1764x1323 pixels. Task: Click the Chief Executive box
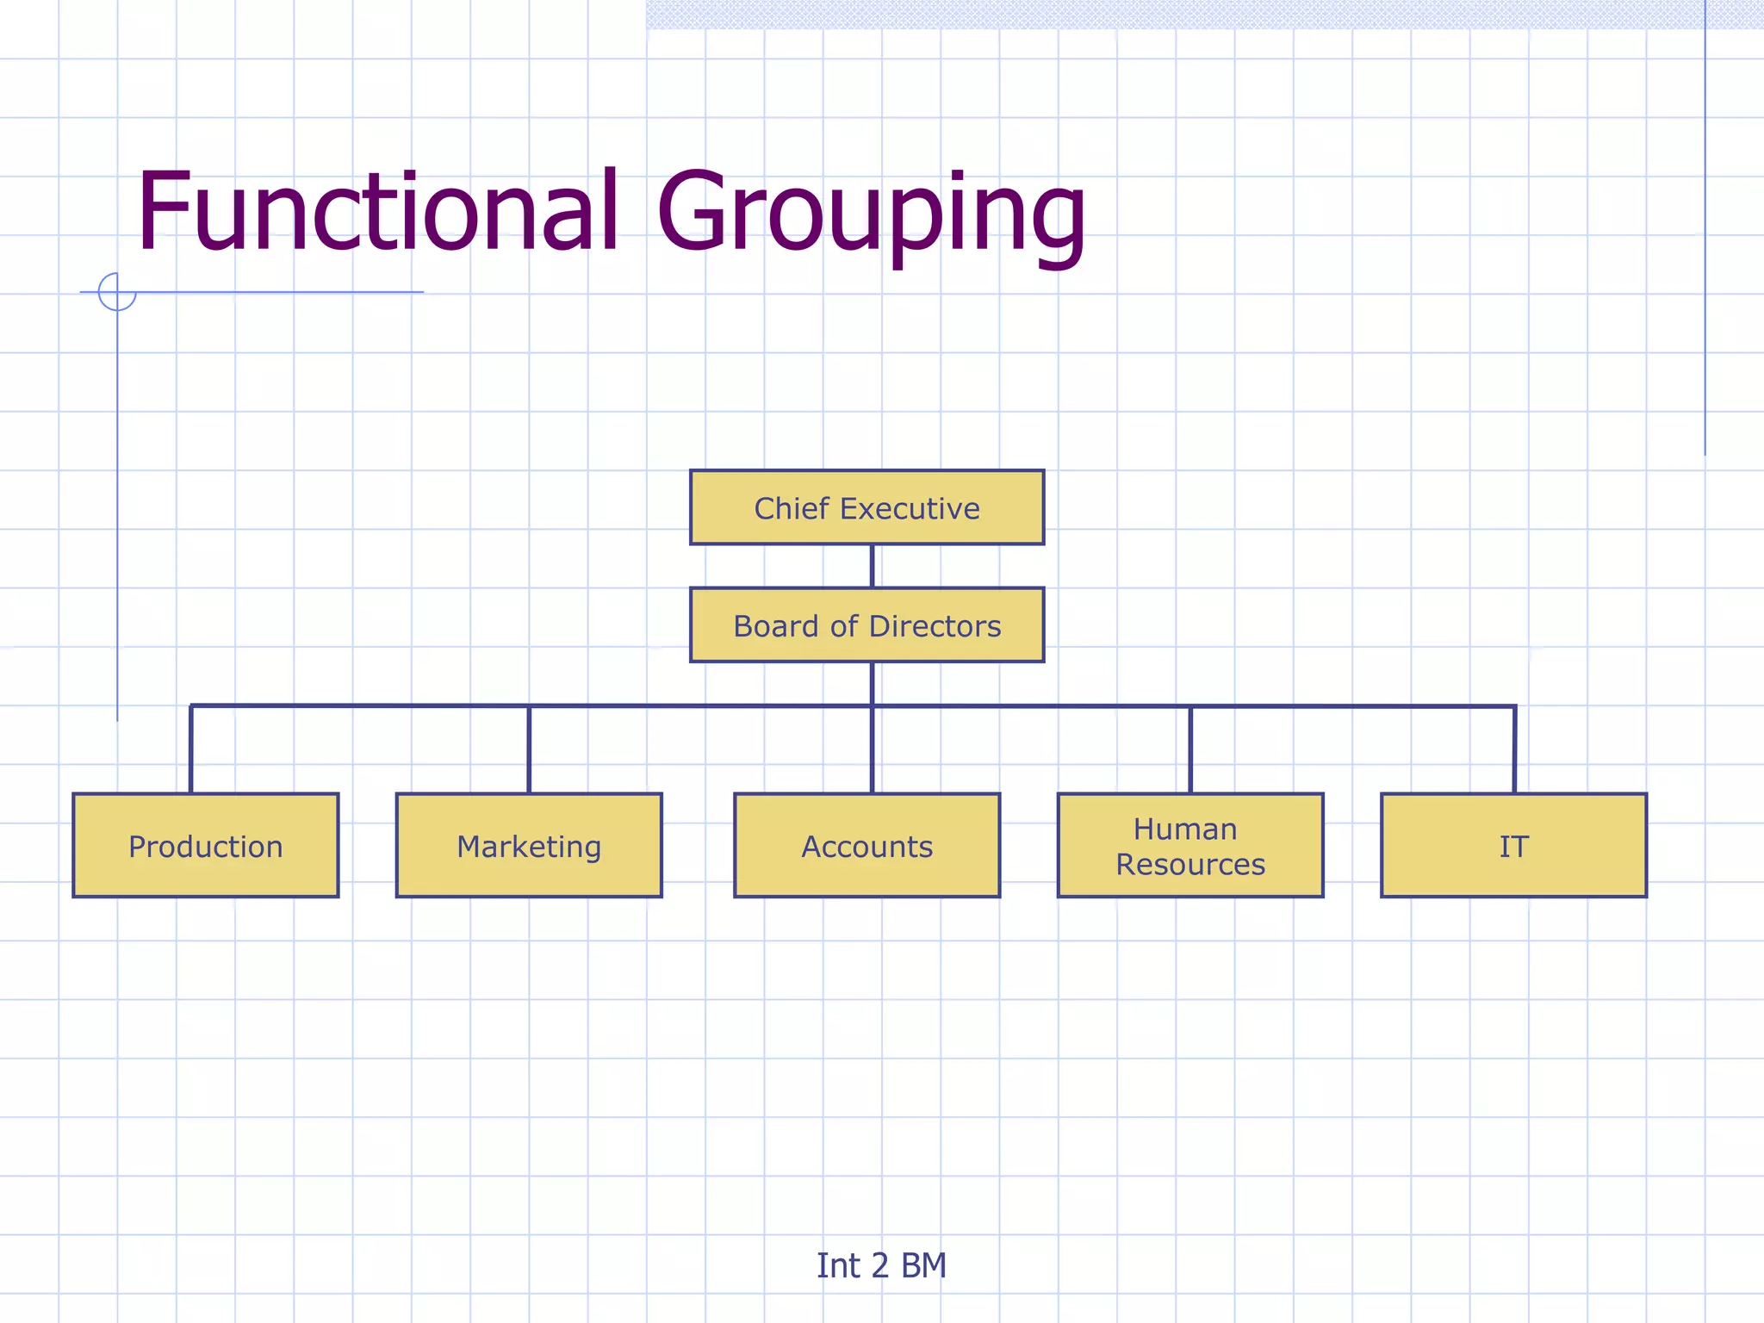coord(866,507)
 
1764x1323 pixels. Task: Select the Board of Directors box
coord(866,625)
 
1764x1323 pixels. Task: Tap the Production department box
coord(206,845)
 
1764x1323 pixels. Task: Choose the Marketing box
coord(529,845)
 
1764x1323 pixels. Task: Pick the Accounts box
coord(866,845)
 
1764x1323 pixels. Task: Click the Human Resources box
coord(1190,845)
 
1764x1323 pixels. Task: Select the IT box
coord(1513,845)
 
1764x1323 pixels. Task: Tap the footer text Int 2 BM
coord(881,1265)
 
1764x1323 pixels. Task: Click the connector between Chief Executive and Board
coord(872,566)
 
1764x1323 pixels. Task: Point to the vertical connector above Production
coord(191,749)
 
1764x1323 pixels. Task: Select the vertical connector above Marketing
coord(529,749)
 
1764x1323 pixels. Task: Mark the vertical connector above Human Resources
coord(1190,749)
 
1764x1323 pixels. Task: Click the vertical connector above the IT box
coord(1514,749)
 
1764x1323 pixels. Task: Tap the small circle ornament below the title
coord(117,292)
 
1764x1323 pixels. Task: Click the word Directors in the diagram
coord(935,626)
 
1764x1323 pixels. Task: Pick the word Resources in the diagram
coord(1190,864)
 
